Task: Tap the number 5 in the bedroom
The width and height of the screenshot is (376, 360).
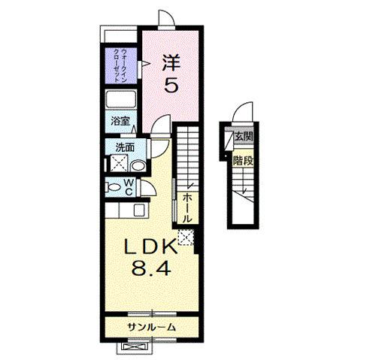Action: click(171, 86)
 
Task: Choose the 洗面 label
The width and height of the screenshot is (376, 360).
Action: click(124, 147)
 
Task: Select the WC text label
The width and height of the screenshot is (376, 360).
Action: click(129, 186)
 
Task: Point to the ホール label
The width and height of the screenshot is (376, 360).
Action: click(187, 204)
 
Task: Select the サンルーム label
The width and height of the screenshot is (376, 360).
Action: click(150, 327)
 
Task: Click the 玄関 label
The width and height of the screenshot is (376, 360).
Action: click(242, 138)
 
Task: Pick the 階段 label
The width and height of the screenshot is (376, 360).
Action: click(242, 159)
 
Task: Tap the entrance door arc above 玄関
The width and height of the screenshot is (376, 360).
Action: click(240, 116)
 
